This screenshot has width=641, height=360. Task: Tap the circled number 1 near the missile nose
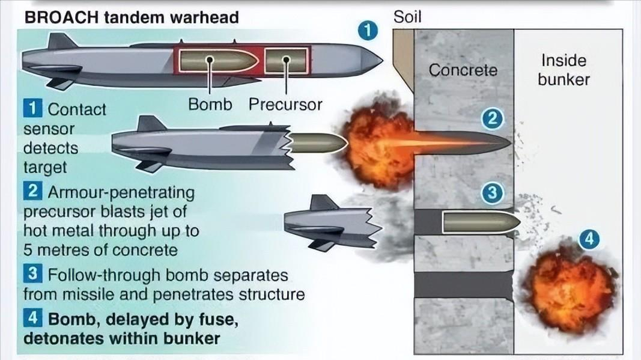tap(368, 30)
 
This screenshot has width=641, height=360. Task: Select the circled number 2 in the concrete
tap(492, 119)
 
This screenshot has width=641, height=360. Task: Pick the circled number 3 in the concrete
tap(492, 194)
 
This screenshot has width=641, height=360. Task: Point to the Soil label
tap(407, 16)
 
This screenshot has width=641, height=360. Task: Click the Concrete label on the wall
tap(463, 70)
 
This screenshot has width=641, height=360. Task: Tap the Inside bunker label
tap(564, 70)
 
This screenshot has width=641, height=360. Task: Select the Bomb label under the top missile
tap(210, 104)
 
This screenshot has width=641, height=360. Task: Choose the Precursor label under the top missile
tap(285, 104)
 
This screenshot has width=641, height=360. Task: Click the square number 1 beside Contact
tap(32, 109)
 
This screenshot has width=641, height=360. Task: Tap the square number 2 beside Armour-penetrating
tap(32, 192)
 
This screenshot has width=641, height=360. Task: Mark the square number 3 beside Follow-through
tap(32, 275)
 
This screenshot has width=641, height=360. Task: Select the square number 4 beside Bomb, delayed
tap(32, 316)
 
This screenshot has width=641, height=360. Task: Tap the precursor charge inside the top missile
tap(286, 60)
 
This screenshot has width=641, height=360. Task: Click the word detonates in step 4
tap(58, 338)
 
